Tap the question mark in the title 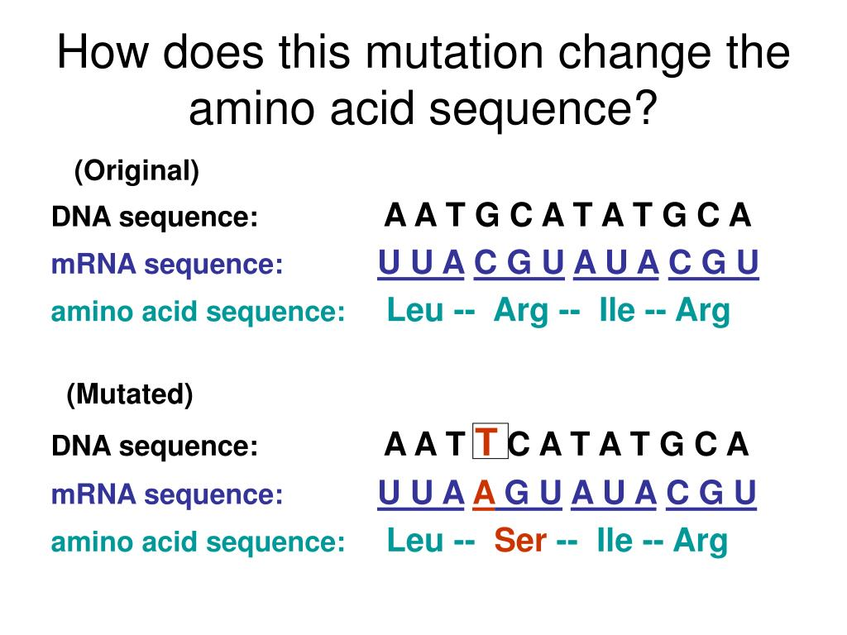pos(646,107)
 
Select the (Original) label pos(136,171)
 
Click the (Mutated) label pos(130,394)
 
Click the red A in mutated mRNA pos(484,493)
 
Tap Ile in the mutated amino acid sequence pos(615,540)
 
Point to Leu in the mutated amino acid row pos(415,540)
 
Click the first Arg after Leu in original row pos(521,312)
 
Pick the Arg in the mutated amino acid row pos(701,542)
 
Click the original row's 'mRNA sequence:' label pos(167,265)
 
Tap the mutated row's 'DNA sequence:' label pos(155,446)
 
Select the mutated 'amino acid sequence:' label pos(198,542)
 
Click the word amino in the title pos(251,107)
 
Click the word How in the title pos(103,52)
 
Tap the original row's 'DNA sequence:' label pos(155,217)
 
